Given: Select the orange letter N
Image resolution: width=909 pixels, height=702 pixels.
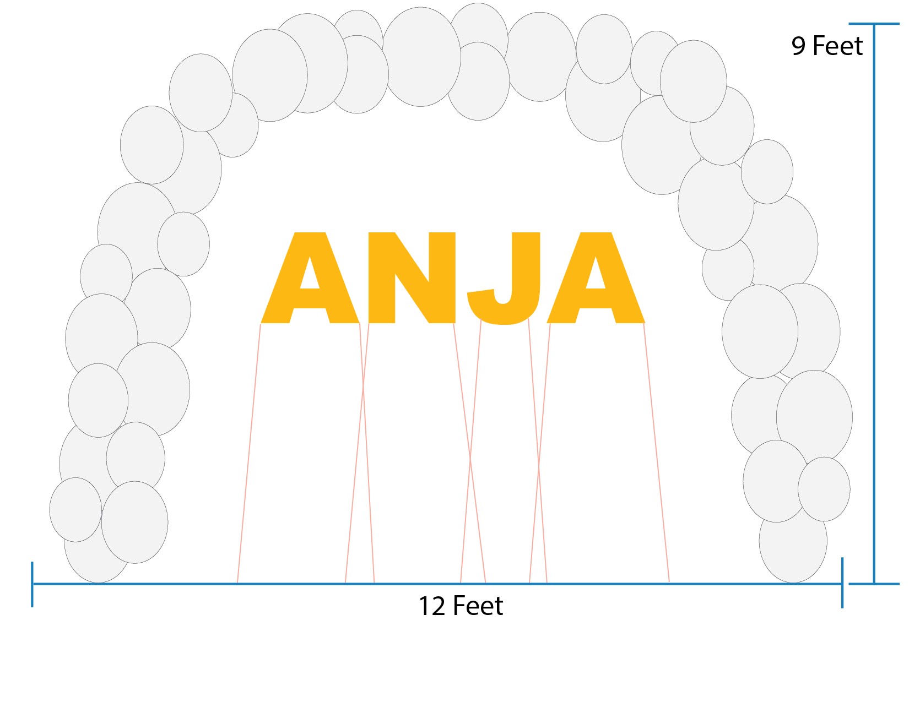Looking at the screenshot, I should (412, 277).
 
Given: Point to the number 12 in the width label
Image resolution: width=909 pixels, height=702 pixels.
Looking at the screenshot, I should (431, 606).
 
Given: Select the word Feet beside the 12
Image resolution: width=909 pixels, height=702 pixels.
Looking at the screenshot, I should (478, 606).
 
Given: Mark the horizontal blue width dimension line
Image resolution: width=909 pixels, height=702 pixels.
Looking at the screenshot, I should (165, 584).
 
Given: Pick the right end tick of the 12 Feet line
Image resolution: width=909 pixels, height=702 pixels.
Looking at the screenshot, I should (842, 583).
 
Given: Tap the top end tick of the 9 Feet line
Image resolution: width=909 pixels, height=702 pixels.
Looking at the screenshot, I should (874, 24).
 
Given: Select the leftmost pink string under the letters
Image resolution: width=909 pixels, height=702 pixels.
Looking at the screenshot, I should (248, 451).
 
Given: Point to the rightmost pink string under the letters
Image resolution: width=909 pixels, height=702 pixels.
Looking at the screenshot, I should (657, 451).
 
